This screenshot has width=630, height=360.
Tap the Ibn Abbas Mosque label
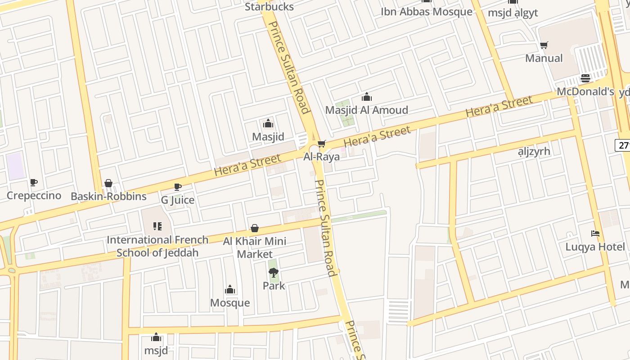426,12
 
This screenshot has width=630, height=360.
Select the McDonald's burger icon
585,78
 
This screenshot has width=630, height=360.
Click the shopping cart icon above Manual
544,45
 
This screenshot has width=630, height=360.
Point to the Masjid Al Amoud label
366,110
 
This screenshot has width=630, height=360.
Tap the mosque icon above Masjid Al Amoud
366,97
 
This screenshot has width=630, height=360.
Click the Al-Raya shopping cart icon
321,144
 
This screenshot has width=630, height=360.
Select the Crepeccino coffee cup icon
34,182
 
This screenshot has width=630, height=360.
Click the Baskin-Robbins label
108,196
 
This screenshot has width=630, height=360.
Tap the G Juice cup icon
178,187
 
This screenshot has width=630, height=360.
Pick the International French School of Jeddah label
157,246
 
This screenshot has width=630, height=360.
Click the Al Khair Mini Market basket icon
255,228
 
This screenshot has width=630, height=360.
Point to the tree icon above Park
274,272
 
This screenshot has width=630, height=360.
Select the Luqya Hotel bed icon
595,234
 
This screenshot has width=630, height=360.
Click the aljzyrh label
534,151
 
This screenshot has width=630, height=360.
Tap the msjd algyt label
513,13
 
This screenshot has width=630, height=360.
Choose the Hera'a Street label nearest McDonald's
499,107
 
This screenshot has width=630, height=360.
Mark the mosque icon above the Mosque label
230,289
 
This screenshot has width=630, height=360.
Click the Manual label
544,58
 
